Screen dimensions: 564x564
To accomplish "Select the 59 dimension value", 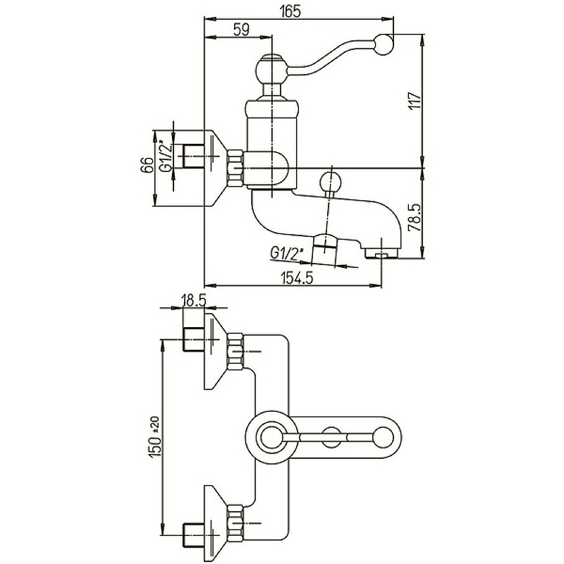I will point(241,30).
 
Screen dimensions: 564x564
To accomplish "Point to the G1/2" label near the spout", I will point(286,252).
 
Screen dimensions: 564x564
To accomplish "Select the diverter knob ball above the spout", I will point(331,182).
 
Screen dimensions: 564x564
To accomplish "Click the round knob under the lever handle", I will point(270,70).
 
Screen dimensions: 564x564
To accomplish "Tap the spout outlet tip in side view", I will point(381,253).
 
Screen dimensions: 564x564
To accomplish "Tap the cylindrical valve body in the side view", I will point(270,145).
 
